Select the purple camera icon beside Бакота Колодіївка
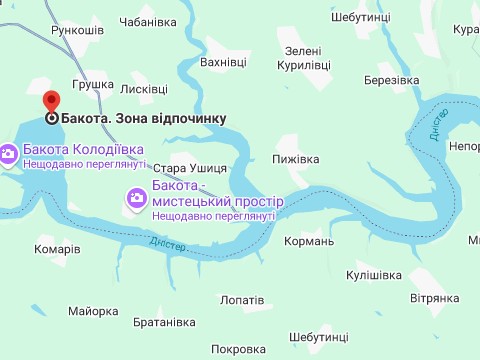click(7, 154)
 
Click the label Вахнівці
click(223, 62)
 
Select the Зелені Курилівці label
click(303, 58)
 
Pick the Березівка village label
click(391, 80)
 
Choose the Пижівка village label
click(295, 159)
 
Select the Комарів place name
click(57, 249)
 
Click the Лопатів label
click(242, 299)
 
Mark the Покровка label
click(240, 349)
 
